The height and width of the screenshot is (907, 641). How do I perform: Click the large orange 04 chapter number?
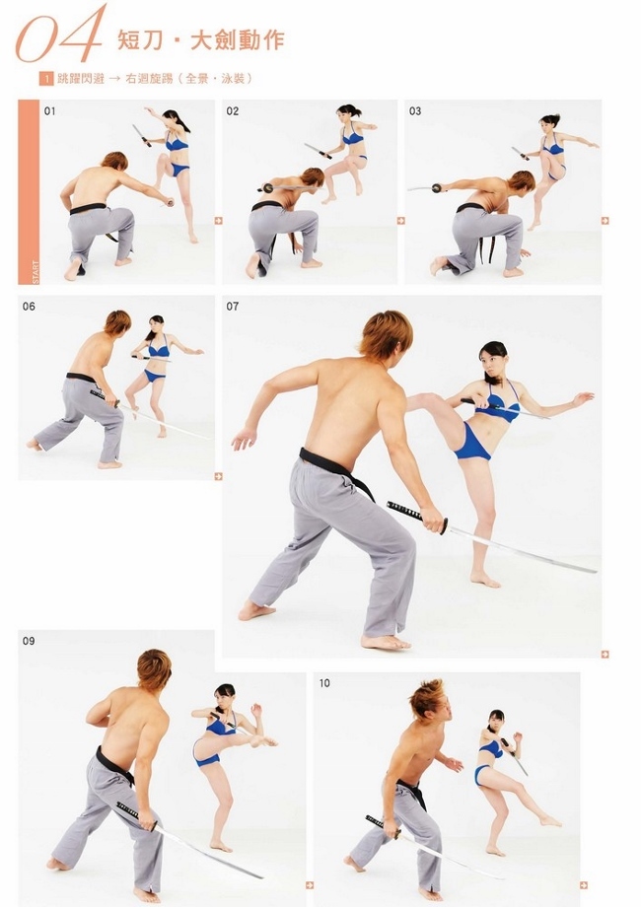61,35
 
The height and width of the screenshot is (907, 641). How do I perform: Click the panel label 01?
49,111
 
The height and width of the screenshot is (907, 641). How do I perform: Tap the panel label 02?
233,111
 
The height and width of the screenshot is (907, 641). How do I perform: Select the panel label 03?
415,111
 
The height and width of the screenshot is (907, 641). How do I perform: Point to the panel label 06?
29,307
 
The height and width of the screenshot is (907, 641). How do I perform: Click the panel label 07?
233,307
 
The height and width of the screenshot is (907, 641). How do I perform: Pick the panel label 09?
29,641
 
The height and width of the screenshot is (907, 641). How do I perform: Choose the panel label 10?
324,683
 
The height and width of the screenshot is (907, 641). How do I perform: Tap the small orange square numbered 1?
46,79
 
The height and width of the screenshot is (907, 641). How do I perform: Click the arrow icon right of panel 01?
218,221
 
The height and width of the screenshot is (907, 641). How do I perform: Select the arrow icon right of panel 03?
605,221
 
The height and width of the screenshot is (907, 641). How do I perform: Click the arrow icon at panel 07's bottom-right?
605,655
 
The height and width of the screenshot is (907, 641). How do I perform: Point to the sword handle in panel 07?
416,515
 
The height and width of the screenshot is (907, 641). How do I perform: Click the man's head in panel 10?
429,703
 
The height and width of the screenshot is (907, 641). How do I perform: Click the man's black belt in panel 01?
88,209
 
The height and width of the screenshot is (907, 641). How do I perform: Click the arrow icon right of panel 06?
218,476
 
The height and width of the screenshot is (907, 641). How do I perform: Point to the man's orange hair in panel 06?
117,322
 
